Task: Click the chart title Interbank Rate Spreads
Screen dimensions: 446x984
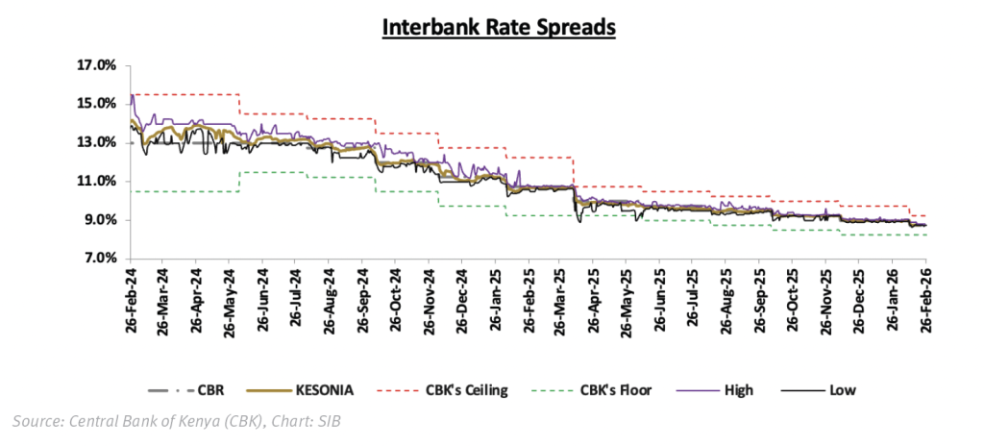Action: click(x=498, y=28)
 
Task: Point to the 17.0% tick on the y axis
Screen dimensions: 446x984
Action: click(x=97, y=65)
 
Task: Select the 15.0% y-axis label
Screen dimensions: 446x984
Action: click(x=97, y=104)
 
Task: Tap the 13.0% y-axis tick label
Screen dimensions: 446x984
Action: click(x=97, y=142)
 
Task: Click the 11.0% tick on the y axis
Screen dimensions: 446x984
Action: click(x=97, y=181)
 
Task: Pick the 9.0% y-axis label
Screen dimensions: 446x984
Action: click(x=100, y=220)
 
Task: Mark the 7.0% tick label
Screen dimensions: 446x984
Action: click(x=100, y=259)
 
